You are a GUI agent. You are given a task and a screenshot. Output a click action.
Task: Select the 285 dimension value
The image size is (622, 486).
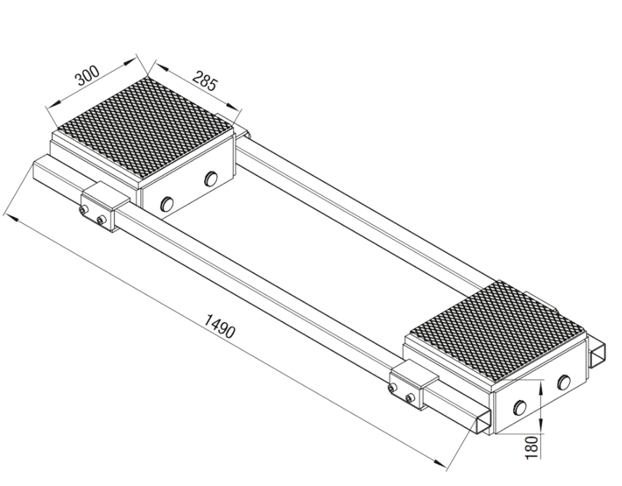coord(206,81)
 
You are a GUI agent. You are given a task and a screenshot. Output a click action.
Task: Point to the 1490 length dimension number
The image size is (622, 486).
coord(220,325)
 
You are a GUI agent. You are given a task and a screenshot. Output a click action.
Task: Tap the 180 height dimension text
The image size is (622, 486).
coord(533,447)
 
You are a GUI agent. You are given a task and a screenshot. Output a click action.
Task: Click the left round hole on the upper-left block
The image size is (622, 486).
coord(167,204)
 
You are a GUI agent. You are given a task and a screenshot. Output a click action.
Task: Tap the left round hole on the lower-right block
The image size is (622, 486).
coord(519,407)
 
